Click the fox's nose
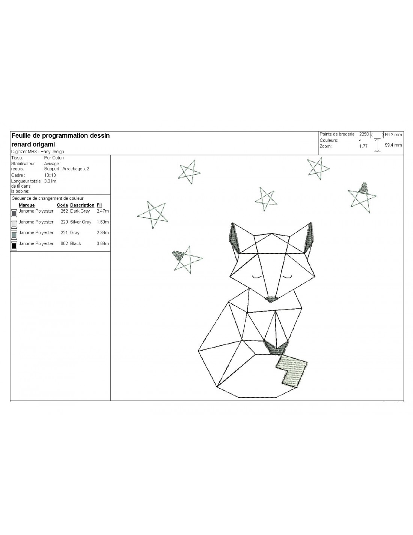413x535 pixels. (271, 299)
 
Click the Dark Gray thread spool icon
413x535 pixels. (14, 213)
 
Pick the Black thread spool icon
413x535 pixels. (14, 246)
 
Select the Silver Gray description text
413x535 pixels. (81, 222)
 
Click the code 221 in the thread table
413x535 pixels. (64, 233)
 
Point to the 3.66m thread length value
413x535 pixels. (103, 243)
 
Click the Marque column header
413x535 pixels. (27, 205)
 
